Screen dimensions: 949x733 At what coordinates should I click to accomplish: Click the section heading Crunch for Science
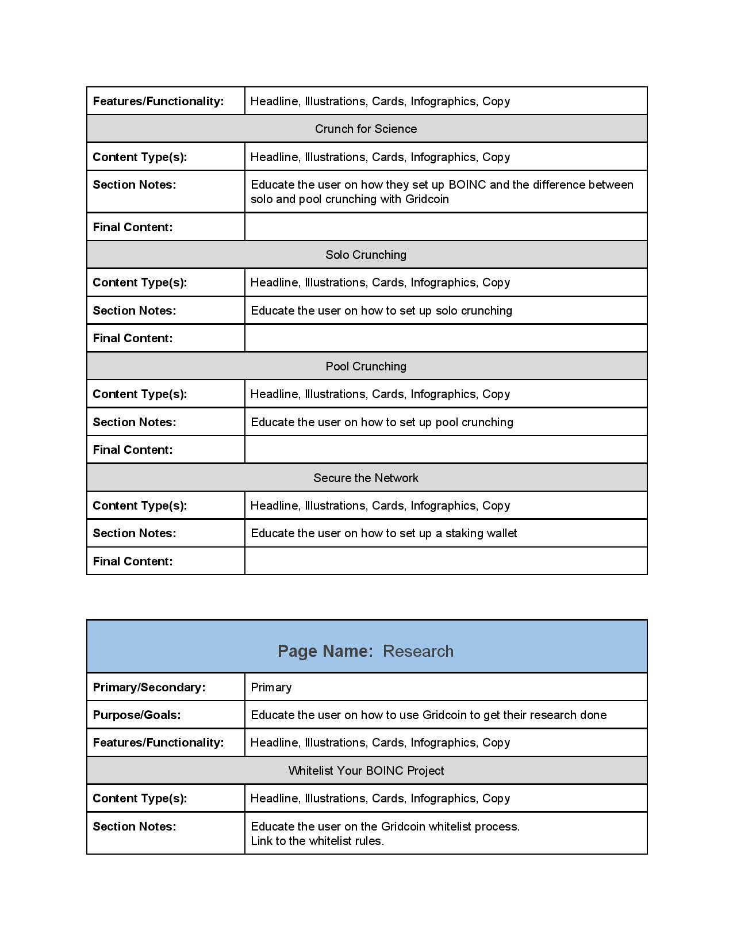(366, 129)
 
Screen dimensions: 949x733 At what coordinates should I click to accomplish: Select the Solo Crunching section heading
(366, 255)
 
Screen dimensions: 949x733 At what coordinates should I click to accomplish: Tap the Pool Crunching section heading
(366, 366)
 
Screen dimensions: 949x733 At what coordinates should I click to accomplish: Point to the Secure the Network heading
(366, 478)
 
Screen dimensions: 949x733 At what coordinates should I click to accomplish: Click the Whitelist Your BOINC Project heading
(366, 771)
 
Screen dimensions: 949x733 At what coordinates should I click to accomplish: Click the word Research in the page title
(418, 651)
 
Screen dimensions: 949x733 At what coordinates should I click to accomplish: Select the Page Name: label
(325, 651)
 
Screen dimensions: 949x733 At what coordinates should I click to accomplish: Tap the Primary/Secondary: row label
(149, 687)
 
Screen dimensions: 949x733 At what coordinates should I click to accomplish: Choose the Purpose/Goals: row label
(137, 715)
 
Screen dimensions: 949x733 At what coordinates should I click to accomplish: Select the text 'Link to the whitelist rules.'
(317, 841)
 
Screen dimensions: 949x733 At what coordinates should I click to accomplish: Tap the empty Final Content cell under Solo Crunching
(446, 338)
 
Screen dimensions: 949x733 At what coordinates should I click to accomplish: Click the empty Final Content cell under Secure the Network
(446, 561)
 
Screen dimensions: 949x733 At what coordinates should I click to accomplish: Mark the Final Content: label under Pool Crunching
(133, 450)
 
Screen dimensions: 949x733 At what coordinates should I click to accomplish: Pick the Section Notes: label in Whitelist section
(135, 826)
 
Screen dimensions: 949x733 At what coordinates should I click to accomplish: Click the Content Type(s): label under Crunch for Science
(140, 157)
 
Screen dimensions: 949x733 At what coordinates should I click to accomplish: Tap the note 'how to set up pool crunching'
(437, 422)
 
